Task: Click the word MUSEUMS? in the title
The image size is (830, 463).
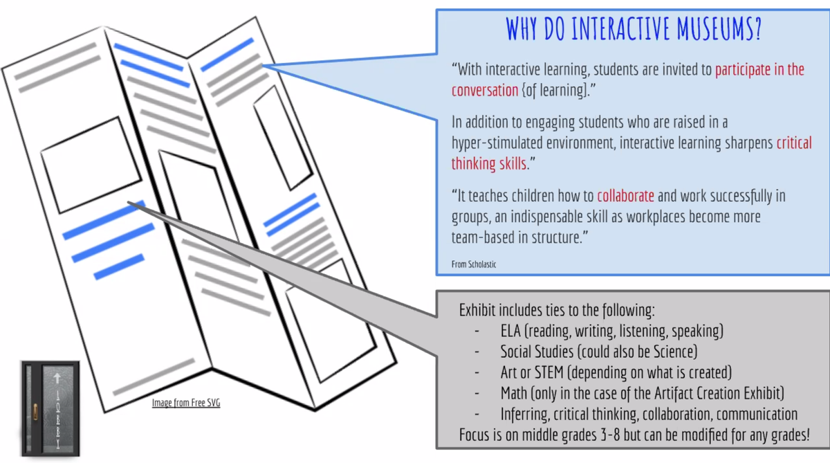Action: point(719,28)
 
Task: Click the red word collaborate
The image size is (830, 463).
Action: point(625,196)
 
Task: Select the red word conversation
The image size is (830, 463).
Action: point(485,91)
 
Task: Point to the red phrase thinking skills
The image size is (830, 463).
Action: point(489,163)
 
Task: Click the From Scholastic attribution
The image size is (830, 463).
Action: point(474,264)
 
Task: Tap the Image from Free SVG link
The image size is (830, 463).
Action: point(186,403)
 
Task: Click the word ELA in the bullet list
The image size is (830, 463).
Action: point(510,331)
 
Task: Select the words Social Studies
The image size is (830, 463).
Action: point(537,352)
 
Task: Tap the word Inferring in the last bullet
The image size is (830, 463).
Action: point(524,415)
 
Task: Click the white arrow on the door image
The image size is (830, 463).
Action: point(57,378)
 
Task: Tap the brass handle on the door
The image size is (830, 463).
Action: point(35,412)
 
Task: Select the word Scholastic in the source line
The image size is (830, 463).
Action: point(481,264)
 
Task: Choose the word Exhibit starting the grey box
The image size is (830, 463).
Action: point(477,310)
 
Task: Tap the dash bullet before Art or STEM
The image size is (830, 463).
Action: point(477,372)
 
